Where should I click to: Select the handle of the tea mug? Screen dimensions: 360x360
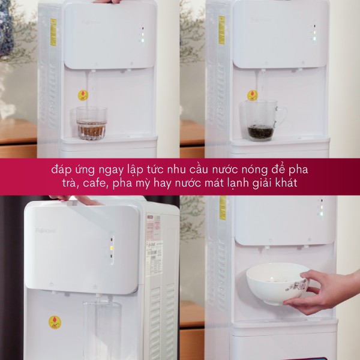point(281,115)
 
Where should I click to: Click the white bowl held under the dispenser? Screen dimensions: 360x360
point(277,283)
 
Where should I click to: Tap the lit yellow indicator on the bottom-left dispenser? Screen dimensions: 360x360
point(111,247)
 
